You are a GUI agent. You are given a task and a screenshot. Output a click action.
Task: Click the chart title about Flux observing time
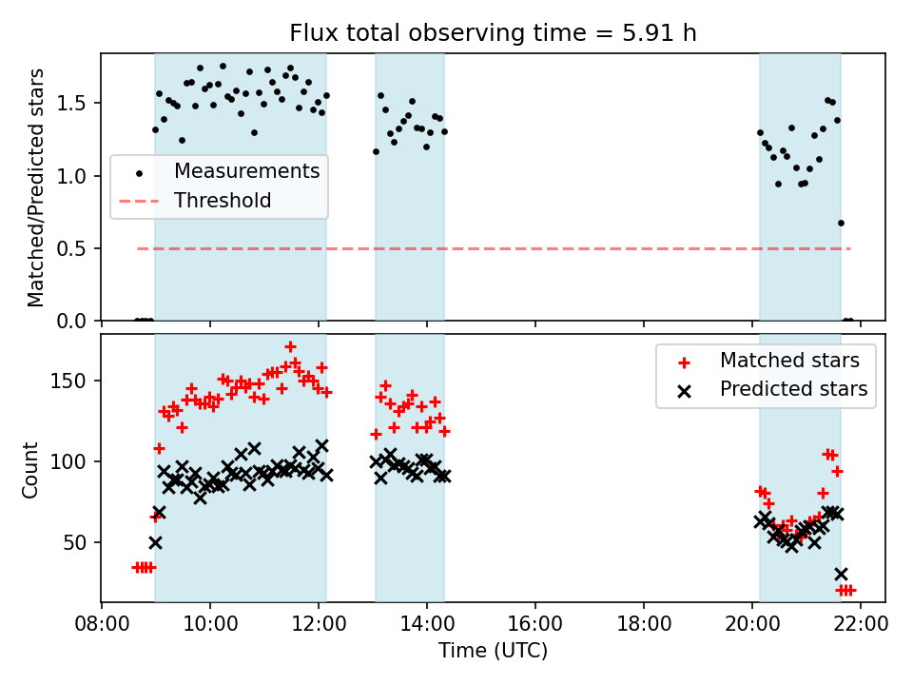click(493, 33)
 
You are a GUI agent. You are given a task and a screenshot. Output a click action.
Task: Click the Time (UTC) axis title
click(493, 652)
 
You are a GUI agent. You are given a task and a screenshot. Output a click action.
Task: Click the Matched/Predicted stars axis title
click(36, 187)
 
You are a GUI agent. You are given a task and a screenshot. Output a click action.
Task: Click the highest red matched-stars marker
click(290, 346)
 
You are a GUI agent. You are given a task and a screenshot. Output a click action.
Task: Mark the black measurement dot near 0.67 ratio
click(841, 223)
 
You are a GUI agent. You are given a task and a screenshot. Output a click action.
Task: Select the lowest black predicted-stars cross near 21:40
click(841, 574)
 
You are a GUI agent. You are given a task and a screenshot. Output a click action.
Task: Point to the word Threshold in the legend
click(223, 201)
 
